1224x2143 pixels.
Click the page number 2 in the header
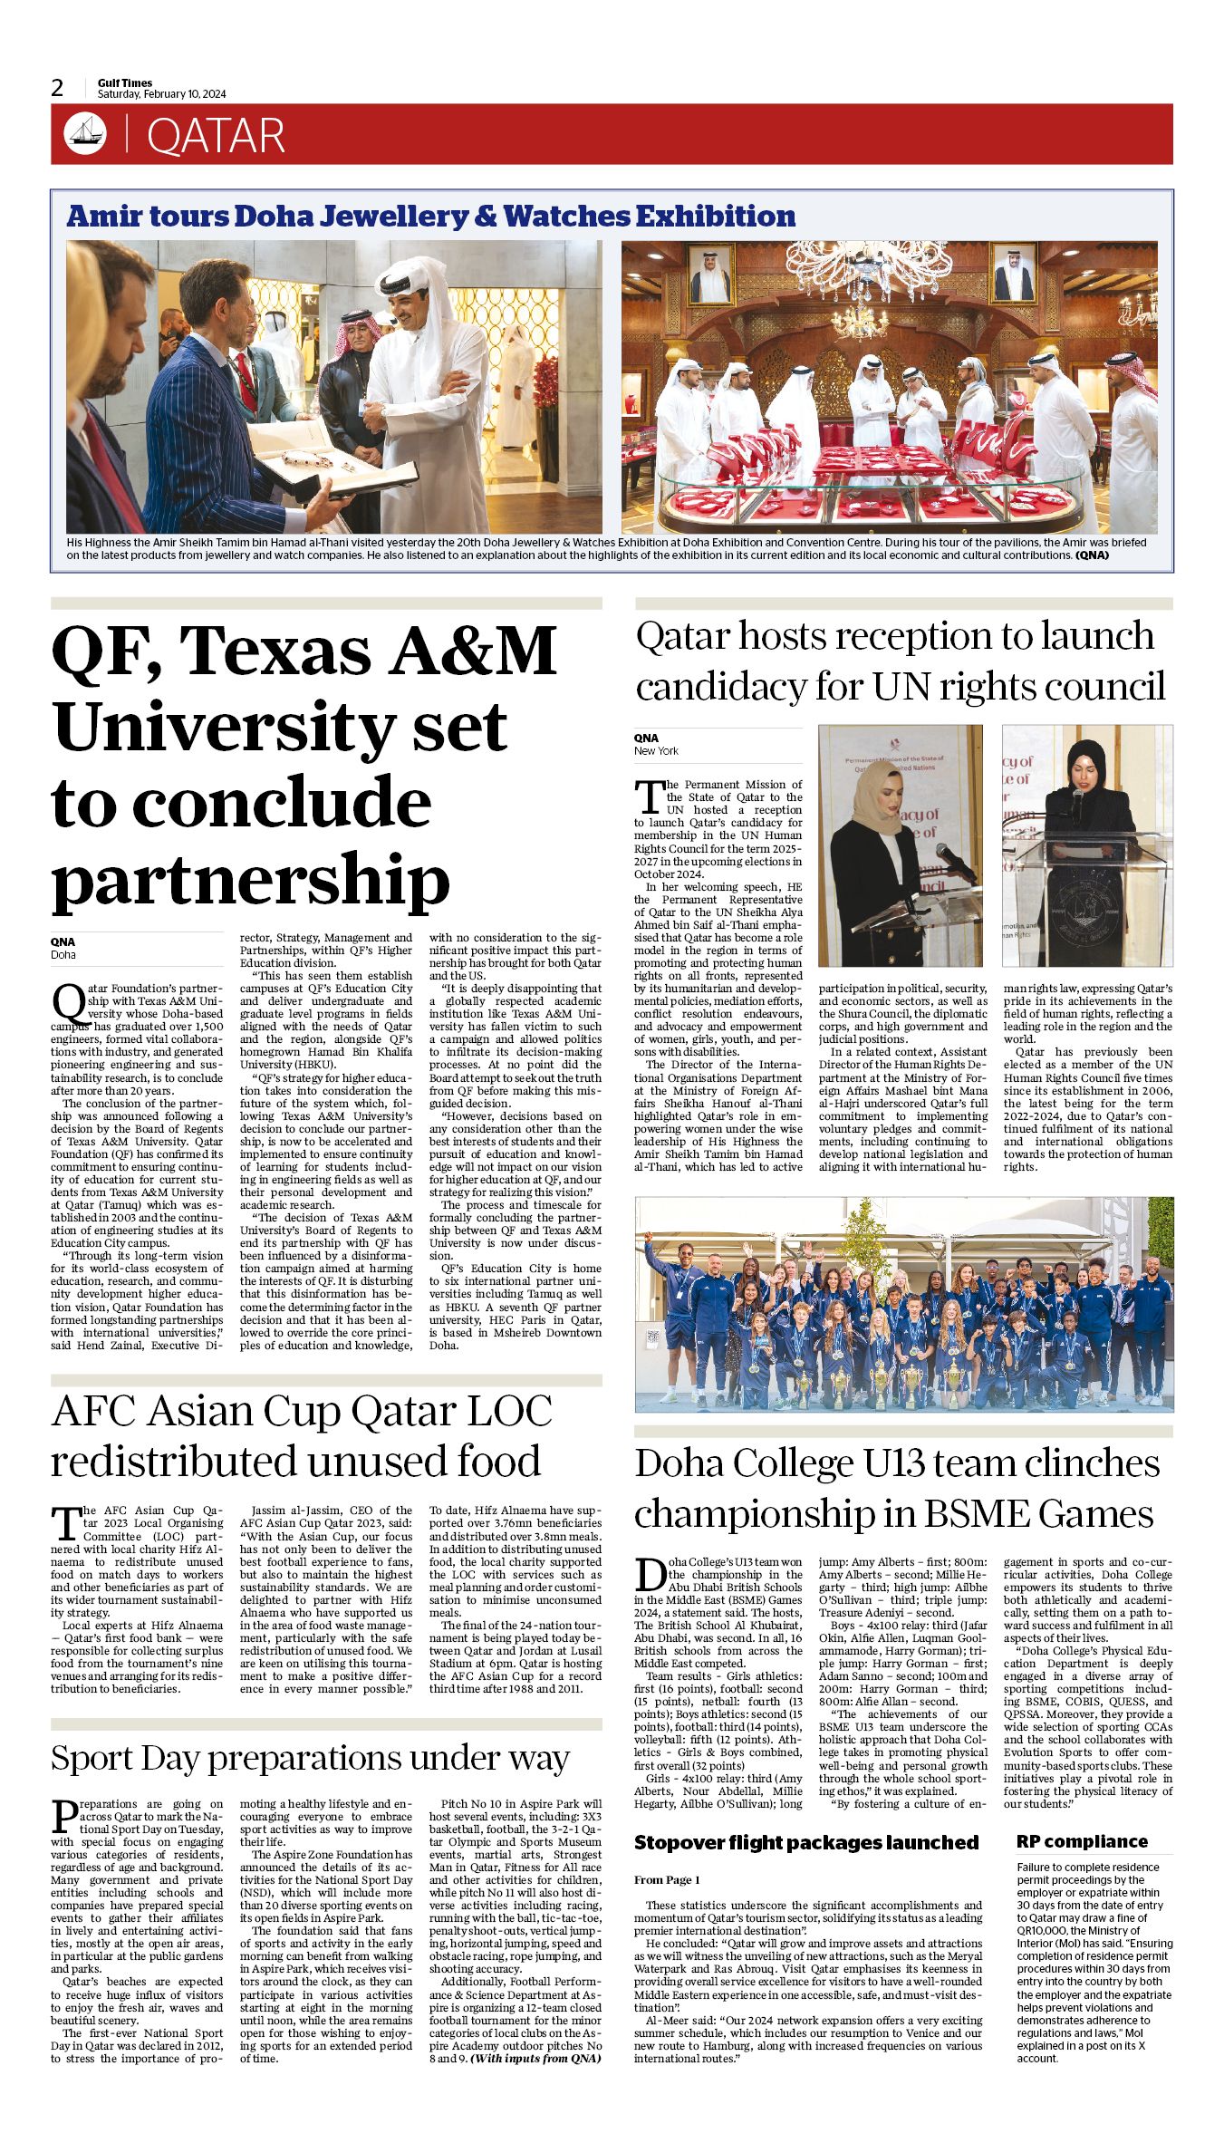pyautogui.click(x=57, y=88)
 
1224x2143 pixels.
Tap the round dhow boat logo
pyautogui.click(x=85, y=134)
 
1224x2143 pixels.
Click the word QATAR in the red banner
pyautogui.click(x=216, y=136)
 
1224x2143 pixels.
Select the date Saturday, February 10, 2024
pyautogui.click(x=161, y=94)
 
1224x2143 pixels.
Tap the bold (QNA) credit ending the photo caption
pyautogui.click(x=1092, y=555)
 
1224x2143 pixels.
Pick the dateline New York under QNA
pyautogui.click(x=656, y=750)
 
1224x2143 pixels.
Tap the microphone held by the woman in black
pyautogui.click(x=1078, y=799)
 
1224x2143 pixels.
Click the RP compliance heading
pyautogui.click(x=1081, y=1842)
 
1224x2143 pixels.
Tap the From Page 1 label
pyautogui.click(x=667, y=1880)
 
